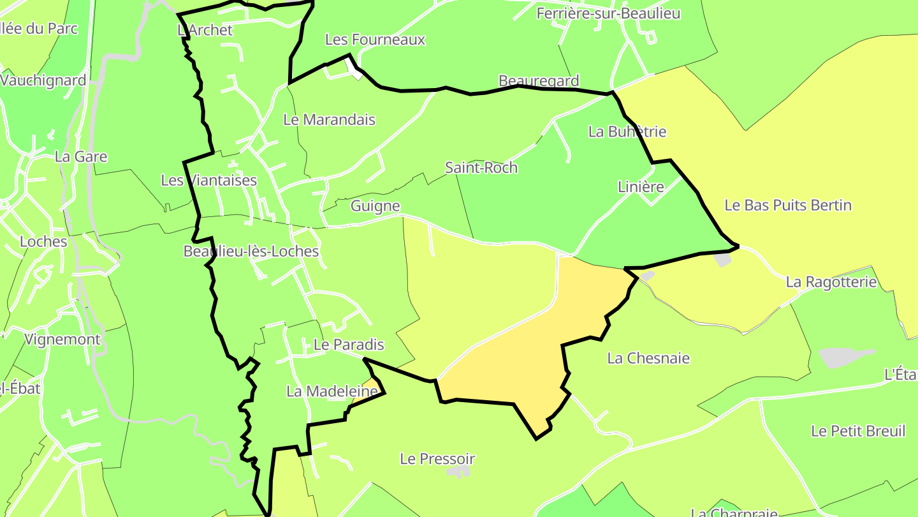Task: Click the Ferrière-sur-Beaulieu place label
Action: (x=608, y=13)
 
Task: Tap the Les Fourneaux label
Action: (x=375, y=40)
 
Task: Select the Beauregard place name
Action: (x=539, y=81)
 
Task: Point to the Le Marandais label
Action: (x=329, y=120)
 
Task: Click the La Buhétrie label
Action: (x=627, y=132)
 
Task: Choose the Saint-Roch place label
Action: (x=481, y=168)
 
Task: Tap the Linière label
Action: (x=641, y=187)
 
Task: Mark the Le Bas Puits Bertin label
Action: (x=788, y=206)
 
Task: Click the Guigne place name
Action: (x=375, y=206)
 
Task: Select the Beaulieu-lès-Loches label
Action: (x=251, y=251)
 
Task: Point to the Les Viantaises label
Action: (x=208, y=181)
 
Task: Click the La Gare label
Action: (x=81, y=157)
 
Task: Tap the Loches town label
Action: (x=43, y=242)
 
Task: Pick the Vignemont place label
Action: (x=62, y=340)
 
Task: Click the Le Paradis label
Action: (x=349, y=345)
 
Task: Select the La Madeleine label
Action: (x=332, y=392)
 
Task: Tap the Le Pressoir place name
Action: (x=437, y=459)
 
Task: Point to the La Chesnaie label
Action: (x=648, y=359)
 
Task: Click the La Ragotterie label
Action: (x=831, y=282)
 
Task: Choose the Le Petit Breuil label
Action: (x=858, y=431)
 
